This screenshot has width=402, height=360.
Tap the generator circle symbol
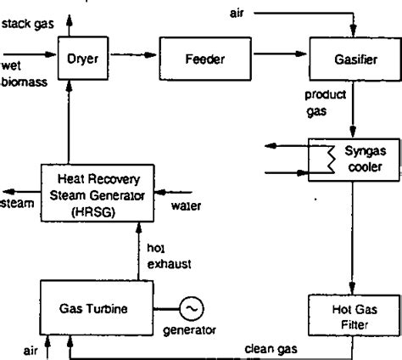(192, 305)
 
